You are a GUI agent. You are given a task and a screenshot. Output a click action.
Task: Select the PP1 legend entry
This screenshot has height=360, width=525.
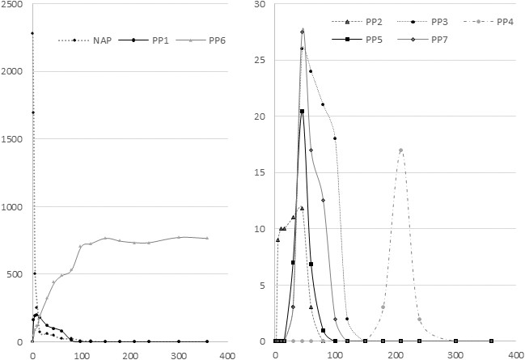pos(144,39)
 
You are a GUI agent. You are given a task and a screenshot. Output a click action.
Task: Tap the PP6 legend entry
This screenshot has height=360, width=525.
pos(195,39)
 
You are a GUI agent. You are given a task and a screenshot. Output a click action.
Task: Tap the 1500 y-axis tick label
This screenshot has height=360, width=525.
pos(15,139)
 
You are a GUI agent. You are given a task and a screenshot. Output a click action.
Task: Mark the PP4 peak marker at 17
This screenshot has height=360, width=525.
pos(400,150)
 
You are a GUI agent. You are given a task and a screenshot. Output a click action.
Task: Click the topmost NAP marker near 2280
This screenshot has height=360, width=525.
pos(32,33)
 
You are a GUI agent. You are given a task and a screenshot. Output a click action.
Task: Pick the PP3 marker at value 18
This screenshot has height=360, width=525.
pos(335,138)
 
